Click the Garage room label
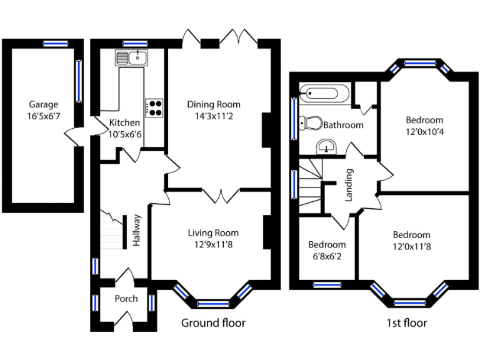coord(43,105)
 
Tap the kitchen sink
coord(131,59)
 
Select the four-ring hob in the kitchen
coord(154,108)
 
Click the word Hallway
coord(137,231)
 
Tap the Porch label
coord(126,299)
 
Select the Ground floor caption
coord(213,323)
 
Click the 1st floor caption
coord(406,323)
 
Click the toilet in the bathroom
coord(310,122)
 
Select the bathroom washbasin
coord(326,147)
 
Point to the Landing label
coord(350,185)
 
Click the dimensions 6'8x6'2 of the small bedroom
coord(327,255)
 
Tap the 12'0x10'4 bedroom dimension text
coord(424,131)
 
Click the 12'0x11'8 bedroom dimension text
coord(411,246)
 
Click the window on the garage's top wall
coord(55,44)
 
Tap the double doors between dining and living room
coord(221,195)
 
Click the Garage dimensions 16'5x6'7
coord(43,116)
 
